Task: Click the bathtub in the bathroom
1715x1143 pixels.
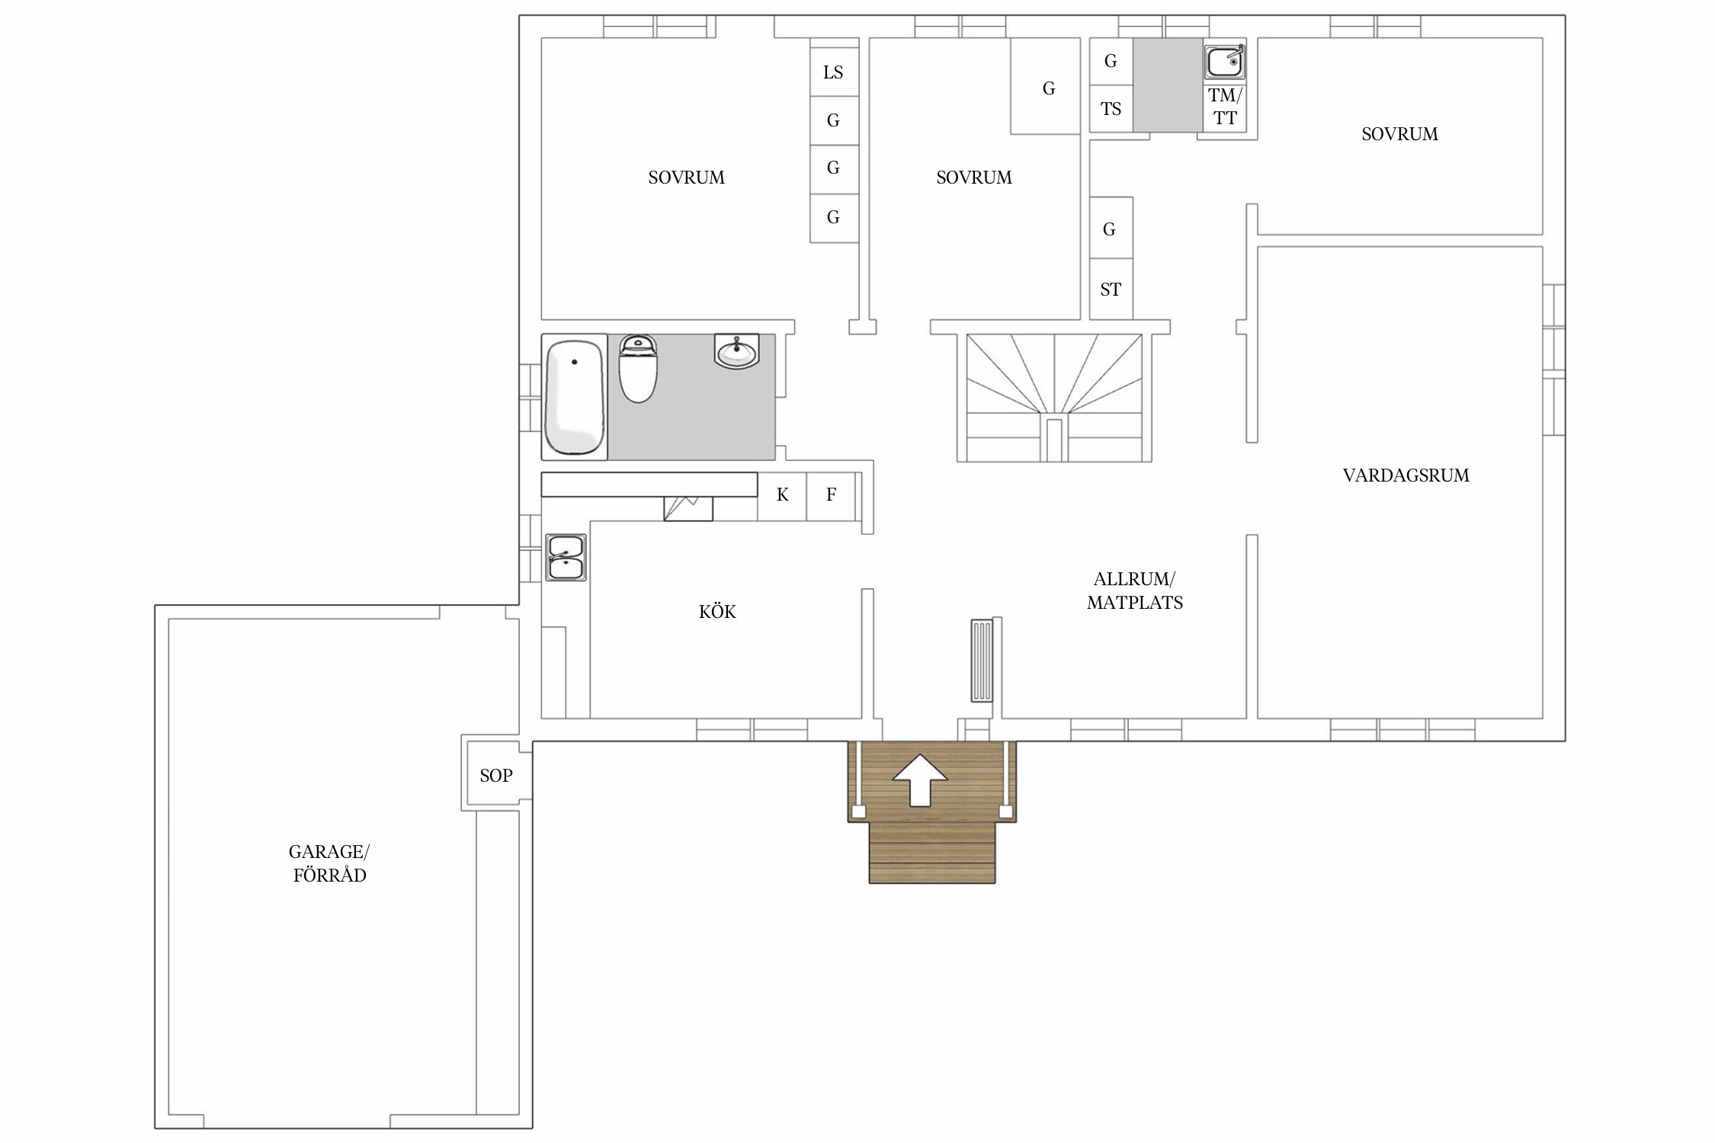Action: (x=575, y=397)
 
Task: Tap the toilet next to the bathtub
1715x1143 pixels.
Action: (x=638, y=369)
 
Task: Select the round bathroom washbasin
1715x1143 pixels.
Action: (x=736, y=351)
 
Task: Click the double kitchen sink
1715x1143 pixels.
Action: (x=566, y=558)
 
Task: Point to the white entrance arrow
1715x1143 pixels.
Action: (x=920, y=780)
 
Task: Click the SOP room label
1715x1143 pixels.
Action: (x=496, y=776)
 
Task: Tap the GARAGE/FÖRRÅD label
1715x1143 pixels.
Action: (x=329, y=863)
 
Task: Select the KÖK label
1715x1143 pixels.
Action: (x=717, y=612)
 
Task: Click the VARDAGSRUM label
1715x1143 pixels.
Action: (x=1406, y=475)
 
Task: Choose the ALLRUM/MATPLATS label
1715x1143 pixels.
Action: (x=1135, y=591)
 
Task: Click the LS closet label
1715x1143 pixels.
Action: (x=833, y=72)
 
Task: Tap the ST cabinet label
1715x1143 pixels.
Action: (x=1111, y=290)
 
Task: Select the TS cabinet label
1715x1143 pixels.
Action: (x=1111, y=109)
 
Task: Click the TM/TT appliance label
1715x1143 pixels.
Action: (x=1226, y=107)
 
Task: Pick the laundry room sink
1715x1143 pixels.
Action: (x=1225, y=62)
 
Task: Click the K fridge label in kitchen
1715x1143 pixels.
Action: (x=783, y=495)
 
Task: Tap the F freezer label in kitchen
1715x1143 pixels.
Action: (x=832, y=495)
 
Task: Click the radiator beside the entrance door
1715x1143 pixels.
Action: (x=982, y=661)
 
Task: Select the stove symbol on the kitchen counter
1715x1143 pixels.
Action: (x=688, y=508)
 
